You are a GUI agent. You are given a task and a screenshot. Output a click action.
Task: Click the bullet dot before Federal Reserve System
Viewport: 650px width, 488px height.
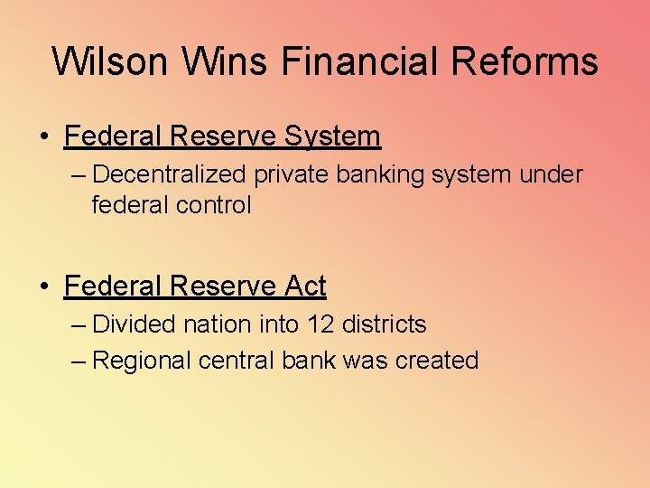pos(43,137)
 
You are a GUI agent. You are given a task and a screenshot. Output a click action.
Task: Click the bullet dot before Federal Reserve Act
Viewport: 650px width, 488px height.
pos(43,287)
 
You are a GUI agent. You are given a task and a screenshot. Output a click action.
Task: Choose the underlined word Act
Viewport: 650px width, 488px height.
pos(305,286)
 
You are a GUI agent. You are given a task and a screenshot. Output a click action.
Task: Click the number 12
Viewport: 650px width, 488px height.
pos(320,324)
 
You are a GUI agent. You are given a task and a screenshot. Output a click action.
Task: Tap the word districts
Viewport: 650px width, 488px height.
pos(385,324)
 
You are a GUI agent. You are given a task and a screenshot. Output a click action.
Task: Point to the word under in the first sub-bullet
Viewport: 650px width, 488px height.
pos(551,174)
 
